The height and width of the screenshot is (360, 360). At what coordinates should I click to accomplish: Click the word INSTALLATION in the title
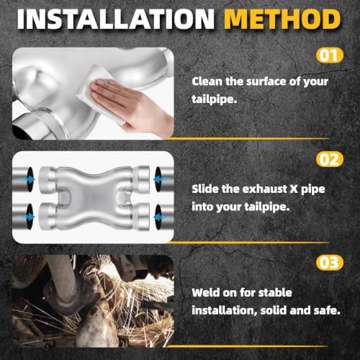click(x=116, y=19)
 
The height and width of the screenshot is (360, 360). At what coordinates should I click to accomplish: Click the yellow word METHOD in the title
click(x=282, y=19)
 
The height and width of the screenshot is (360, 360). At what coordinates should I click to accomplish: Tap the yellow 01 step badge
click(x=330, y=55)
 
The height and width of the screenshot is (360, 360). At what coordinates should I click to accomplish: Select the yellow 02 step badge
click(x=330, y=159)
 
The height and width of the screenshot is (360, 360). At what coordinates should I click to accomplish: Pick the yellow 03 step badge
click(x=330, y=263)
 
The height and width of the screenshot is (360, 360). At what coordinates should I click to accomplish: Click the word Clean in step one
click(x=207, y=81)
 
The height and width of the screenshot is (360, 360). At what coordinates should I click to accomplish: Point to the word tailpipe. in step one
click(x=215, y=99)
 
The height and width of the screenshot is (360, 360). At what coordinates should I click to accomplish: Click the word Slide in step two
click(x=205, y=189)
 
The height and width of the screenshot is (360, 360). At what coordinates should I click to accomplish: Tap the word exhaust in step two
click(x=265, y=189)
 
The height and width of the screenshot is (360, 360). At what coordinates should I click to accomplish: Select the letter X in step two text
click(x=294, y=189)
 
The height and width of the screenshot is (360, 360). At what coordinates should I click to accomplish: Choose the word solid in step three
click(x=274, y=310)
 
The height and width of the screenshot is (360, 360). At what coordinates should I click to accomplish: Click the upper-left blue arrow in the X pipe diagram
click(x=30, y=179)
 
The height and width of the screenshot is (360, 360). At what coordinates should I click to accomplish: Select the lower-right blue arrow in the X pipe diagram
click(x=158, y=217)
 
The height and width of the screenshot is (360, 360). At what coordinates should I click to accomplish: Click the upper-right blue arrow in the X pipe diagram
click(x=158, y=179)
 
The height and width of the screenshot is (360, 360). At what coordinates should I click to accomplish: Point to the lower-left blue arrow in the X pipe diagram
click(x=30, y=217)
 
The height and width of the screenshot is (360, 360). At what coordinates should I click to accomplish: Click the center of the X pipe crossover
click(x=94, y=198)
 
